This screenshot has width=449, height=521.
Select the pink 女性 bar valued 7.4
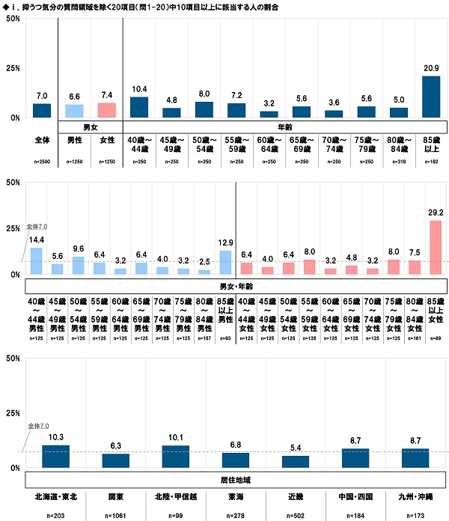tap(107, 110)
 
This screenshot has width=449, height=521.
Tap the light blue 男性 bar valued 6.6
tap(74, 111)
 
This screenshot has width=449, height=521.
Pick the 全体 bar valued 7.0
tap(42, 110)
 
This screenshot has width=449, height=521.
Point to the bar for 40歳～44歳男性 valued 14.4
tap(36, 260)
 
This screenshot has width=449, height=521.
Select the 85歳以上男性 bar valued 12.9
tap(226, 262)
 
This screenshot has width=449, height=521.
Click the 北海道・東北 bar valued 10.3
tap(55, 456)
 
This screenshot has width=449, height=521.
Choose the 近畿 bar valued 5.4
tap(296, 461)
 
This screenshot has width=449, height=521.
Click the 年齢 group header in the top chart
tap(286, 127)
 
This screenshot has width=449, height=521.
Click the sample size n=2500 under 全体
tap(42, 162)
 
